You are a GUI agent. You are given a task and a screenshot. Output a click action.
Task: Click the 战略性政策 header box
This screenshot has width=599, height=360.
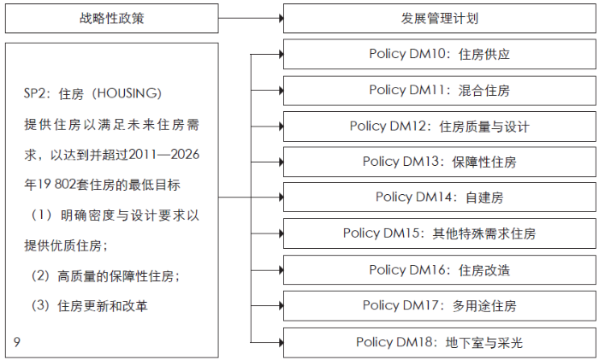point(111,18)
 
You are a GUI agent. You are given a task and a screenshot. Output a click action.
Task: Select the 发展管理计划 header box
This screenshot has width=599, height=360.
point(439,18)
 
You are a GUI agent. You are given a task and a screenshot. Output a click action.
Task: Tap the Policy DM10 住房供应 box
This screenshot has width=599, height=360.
point(439,54)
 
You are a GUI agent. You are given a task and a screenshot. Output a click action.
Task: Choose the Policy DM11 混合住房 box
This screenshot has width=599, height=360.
point(439,91)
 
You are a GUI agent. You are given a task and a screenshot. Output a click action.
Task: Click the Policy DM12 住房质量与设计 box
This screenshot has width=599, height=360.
point(439,127)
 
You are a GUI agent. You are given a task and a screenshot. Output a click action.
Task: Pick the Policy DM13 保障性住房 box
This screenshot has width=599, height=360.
point(439,162)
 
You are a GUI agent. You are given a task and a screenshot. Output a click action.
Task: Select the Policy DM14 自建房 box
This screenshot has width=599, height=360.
point(439,198)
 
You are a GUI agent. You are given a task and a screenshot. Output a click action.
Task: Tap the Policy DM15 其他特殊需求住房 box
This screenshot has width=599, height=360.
point(439,233)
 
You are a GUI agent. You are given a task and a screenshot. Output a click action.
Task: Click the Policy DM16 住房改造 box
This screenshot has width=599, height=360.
point(439,270)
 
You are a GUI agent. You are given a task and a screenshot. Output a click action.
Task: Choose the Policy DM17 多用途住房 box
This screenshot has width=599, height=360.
point(439,305)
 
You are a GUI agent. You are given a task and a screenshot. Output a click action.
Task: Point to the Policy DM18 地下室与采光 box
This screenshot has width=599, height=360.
point(439,342)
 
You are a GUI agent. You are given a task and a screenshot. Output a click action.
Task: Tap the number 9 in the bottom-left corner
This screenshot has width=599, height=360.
point(17,342)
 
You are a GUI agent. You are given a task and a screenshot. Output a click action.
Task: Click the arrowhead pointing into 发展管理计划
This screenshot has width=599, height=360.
point(282,18)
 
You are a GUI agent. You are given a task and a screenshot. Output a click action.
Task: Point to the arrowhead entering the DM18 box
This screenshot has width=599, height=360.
point(282,342)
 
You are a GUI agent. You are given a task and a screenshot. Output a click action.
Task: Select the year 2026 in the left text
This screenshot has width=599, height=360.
point(185,154)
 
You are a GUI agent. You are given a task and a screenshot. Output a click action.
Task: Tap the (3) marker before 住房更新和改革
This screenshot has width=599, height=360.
point(40,305)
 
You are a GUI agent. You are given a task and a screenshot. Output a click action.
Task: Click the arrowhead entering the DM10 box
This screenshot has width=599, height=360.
point(282,54)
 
